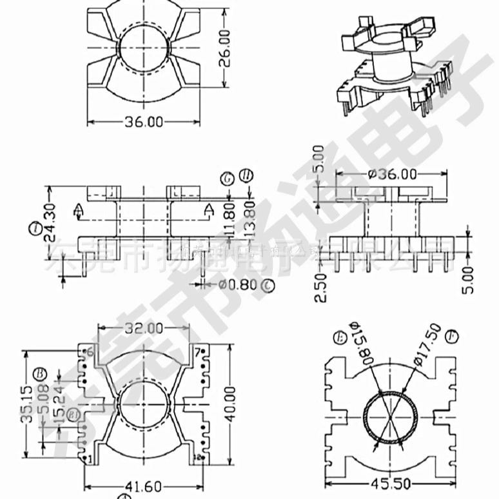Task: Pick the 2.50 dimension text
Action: coord(322,286)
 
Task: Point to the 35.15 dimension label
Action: coord(26,403)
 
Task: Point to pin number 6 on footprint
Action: coord(90,351)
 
